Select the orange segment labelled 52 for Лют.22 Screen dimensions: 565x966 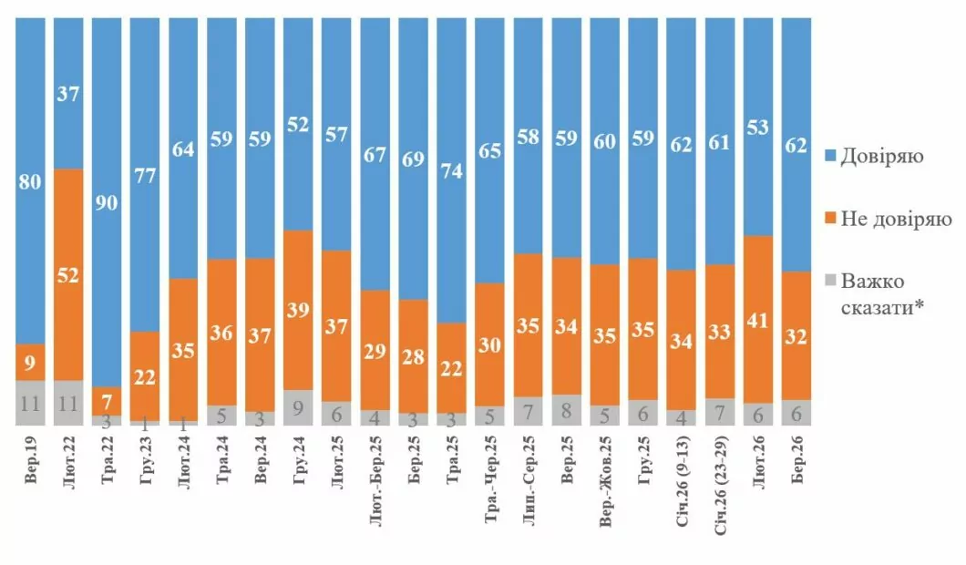pos(69,273)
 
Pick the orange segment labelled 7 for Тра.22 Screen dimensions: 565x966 pos(108,402)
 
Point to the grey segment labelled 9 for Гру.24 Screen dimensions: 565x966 pos(299,407)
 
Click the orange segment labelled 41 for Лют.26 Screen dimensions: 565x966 pos(758,319)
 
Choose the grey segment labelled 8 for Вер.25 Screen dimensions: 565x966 pos(567,409)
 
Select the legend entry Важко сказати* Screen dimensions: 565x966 pos(880,294)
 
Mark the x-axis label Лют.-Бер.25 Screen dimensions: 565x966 pos(376,483)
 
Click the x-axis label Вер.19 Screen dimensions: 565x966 pos(31,461)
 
